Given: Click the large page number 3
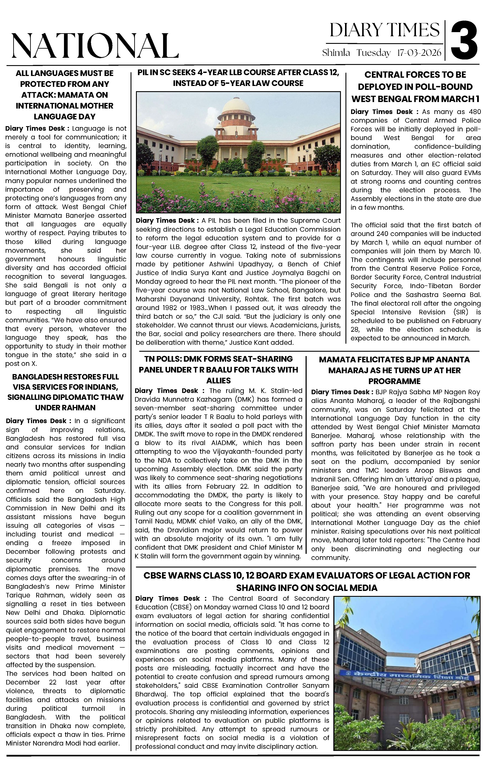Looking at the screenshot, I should coord(464,40).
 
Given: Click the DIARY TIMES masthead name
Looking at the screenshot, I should coord(385,30).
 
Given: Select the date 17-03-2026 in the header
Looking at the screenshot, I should coord(419,53).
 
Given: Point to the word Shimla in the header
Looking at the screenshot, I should coord(336,53).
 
